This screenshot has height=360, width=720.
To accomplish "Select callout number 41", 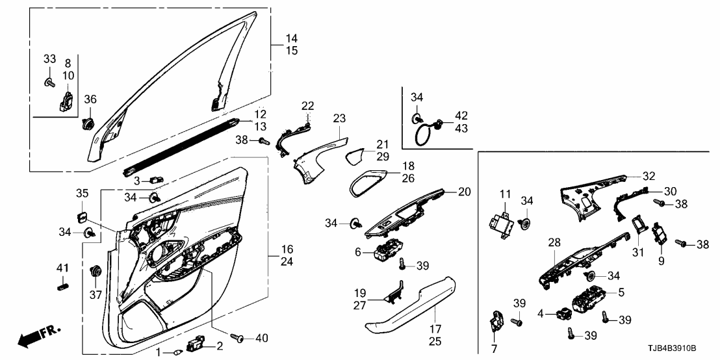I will tap(62, 268).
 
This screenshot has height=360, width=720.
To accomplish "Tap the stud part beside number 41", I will tap(62, 285).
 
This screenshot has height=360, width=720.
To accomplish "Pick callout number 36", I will tap(90, 99).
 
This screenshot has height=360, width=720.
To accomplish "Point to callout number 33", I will tap(49, 59).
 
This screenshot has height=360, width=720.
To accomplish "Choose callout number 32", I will tap(648, 175).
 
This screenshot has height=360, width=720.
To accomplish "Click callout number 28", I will tap(554, 242).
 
